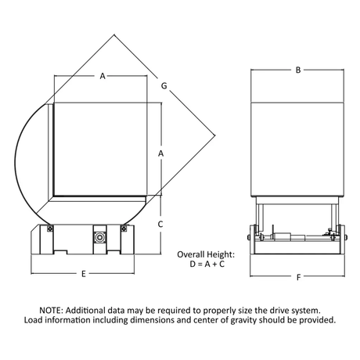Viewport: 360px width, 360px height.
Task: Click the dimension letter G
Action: [164, 85]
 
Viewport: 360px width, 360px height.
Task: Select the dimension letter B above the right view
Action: [298, 70]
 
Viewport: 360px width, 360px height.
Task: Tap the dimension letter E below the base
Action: [84, 274]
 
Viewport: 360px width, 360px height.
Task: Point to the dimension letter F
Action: [299, 277]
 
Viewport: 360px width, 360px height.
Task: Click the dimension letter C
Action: [160, 224]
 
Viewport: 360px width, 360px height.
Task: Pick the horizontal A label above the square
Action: [103, 76]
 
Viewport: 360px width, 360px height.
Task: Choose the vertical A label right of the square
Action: [160, 153]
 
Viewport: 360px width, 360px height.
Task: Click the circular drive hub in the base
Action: [99, 237]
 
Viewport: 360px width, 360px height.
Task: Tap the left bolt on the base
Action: [49, 229]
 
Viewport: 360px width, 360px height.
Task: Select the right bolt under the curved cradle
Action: [124, 229]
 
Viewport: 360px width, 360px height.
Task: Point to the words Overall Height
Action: [206, 254]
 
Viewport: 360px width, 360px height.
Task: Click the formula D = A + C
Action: [207, 265]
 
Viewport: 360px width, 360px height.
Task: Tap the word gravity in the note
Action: [243, 320]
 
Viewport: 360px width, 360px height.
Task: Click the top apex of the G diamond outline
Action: [114, 34]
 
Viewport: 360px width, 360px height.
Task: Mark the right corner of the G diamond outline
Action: [215, 135]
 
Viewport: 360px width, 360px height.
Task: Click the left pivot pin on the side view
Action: [249, 237]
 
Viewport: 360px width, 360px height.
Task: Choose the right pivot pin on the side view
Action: [346, 237]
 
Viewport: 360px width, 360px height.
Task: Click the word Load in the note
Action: [33, 320]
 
